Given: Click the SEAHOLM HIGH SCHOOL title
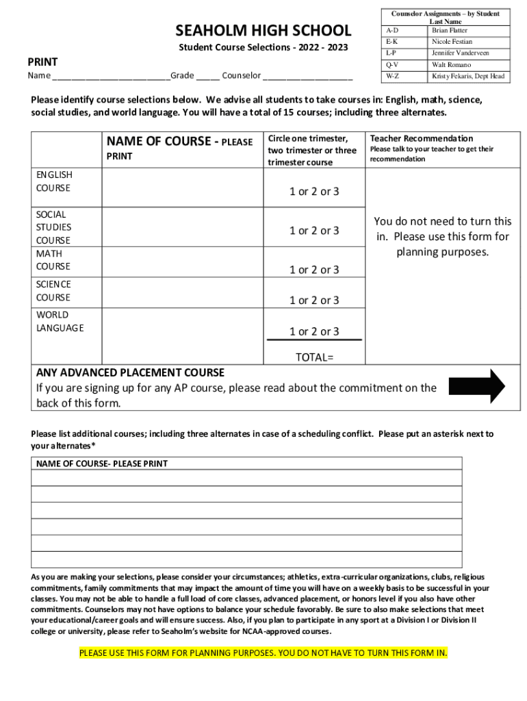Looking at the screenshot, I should coord(263,30).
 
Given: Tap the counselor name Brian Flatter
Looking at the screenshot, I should coord(450,31).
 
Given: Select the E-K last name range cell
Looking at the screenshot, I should coord(404,42).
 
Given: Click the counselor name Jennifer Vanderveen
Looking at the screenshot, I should coord(460,53).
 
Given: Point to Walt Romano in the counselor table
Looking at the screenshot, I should coord(451,64).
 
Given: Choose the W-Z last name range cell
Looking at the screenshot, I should coord(404,76).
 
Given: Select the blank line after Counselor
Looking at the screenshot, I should coord(307,76).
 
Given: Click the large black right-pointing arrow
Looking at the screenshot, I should coord(477,386).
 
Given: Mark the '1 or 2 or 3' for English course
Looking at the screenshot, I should coord(314,192).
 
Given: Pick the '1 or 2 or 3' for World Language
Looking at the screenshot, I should coord(314,331).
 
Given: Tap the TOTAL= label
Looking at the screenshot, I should coord(314,357).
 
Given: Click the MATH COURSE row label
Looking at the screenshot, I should coord(53,260).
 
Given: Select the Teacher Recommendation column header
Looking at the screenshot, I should coord(421,138).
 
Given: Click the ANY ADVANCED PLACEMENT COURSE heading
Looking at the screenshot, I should coord(130,373).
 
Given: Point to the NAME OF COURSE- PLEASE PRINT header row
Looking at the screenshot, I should coord(246,463).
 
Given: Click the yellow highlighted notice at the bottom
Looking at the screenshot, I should coord(263,652).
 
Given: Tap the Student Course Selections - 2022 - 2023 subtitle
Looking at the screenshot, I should coord(263,47).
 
